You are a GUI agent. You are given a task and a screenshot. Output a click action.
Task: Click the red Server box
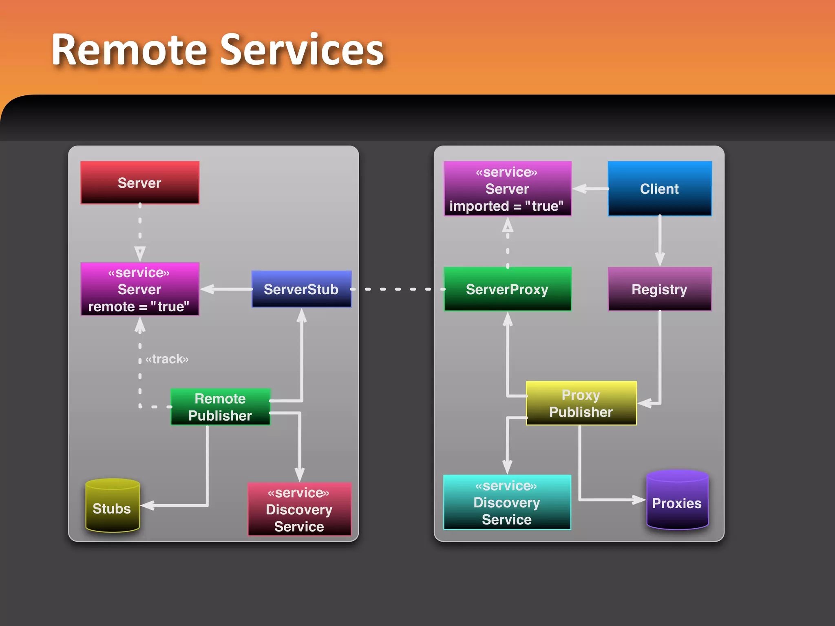click(x=139, y=183)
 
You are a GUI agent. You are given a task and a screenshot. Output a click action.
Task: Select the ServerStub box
click(x=301, y=289)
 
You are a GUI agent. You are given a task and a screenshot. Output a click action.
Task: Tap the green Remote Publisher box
click(x=220, y=407)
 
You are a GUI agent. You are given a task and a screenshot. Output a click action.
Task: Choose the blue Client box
click(x=659, y=189)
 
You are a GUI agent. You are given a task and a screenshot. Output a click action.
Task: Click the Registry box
click(x=659, y=289)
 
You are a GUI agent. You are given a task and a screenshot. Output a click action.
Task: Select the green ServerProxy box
click(x=507, y=289)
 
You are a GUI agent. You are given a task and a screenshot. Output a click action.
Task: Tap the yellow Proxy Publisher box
click(x=581, y=403)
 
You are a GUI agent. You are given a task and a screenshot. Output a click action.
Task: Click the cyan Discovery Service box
click(x=507, y=502)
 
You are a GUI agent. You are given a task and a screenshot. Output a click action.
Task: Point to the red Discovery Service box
click(x=299, y=509)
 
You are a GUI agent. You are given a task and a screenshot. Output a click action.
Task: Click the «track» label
click(x=167, y=359)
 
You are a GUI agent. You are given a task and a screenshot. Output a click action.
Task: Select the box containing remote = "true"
click(x=139, y=289)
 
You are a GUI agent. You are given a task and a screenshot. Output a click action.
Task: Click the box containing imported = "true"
click(x=507, y=189)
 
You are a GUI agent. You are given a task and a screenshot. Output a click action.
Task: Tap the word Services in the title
click(x=302, y=50)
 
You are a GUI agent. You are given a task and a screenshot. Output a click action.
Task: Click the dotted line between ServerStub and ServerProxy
click(x=398, y=289)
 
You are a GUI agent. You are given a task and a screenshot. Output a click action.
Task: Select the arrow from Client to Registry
click(x=660, y=240)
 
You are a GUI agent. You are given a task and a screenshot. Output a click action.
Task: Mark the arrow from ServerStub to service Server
click(x=226, y=289)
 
